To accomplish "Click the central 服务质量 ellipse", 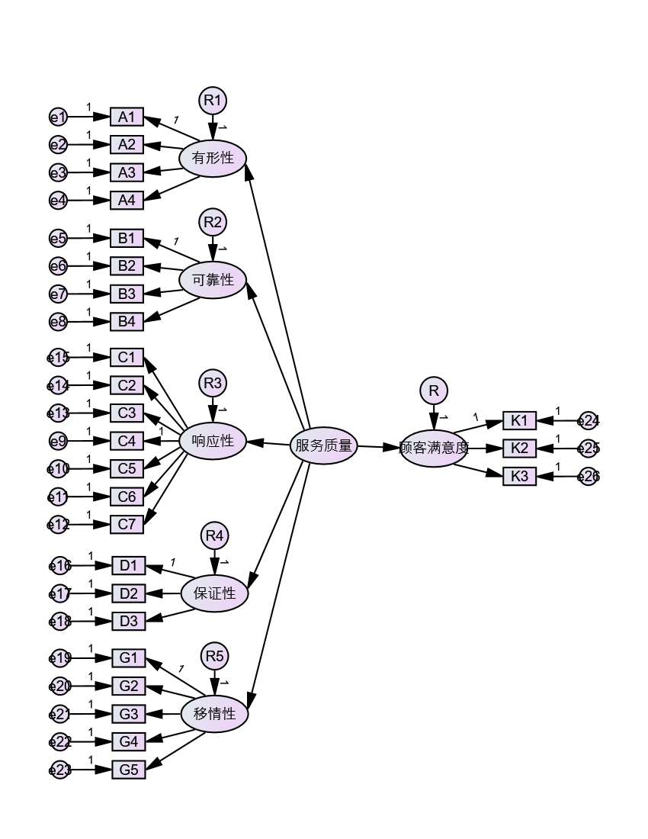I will pos(324,445).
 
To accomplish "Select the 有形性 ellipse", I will pos(213,159).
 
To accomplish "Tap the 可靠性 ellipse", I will pos(213,280).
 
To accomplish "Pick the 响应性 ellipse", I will pos(213,441).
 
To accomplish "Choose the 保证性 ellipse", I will pos(214,593).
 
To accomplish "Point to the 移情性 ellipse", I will pos(214,715).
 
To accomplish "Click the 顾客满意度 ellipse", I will pos(434,448).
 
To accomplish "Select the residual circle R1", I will pos(213,100).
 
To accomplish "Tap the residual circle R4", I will pos(215,536).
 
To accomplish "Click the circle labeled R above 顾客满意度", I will pos(434,391).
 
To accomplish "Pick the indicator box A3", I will pos(127,172).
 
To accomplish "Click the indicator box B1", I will pos(127,238).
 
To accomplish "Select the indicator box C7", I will pos(127,525).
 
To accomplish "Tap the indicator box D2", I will pos(128,593).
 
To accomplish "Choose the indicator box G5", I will pos(128,770).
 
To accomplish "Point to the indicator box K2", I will pos(519,448).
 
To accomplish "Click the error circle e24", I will pos(589,420).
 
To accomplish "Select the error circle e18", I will pos(59,622).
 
